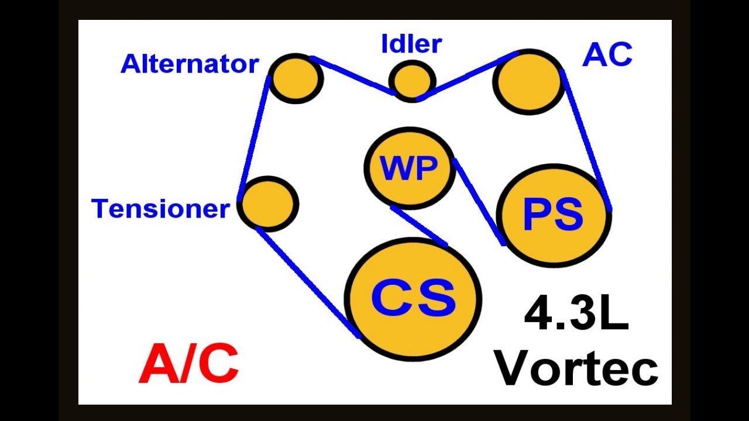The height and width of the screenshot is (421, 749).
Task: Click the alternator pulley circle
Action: (296, 78)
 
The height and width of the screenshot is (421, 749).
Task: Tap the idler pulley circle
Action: (413, 80)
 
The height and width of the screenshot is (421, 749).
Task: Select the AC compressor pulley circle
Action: (528, 82)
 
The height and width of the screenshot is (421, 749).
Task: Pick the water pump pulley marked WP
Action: (410, 169)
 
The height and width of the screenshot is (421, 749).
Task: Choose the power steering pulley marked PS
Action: (554, 215)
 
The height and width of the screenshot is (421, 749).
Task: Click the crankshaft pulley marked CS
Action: (413, 299)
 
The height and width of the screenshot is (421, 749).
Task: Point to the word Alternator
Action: (190, 64)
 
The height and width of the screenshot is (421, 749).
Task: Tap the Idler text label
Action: (411, 44)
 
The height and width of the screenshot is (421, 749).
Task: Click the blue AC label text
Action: (607, 56)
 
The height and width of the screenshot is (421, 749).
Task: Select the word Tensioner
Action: (160, 209)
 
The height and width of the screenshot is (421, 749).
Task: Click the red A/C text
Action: (189, 363)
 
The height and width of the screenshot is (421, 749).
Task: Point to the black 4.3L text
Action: (576, 315)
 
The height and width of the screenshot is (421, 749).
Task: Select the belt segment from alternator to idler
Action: (352, 75)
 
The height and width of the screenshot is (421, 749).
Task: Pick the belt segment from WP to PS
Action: (479, 201)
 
